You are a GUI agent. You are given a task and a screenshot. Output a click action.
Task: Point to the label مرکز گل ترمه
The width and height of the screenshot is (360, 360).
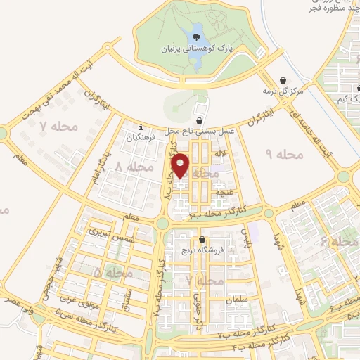point(283,92)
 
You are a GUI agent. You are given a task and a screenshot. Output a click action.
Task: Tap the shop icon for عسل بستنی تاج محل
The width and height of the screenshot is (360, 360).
point(200,120)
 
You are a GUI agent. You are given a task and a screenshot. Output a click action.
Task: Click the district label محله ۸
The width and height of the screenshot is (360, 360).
point(133,167)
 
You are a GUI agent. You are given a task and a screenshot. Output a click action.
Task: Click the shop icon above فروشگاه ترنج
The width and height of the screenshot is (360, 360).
point(202,239)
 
